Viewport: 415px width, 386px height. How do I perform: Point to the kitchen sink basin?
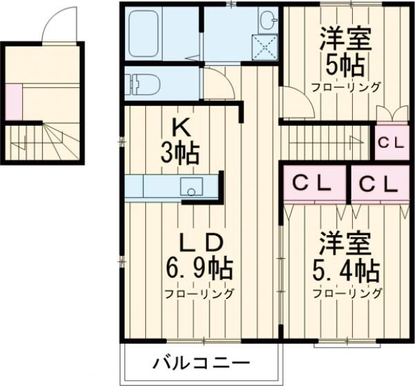[x=190, y=186]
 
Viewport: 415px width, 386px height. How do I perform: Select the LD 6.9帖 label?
[x=200, y=256]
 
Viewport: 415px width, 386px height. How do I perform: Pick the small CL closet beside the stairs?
[x=391, y=143]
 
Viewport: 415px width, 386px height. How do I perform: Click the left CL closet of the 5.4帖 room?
[x=313, y=183]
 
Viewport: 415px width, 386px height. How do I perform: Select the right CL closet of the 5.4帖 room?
[x=378, y=183]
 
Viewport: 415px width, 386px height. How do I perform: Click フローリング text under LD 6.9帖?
[x=199, y=293]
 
